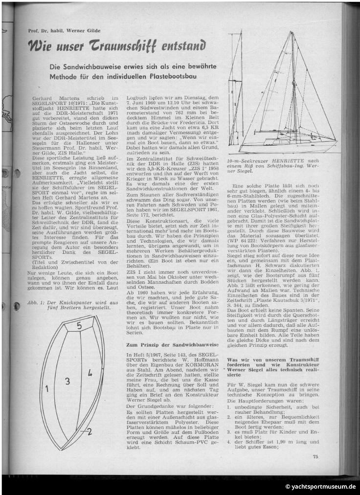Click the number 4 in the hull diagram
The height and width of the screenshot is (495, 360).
click(x=90, y=373)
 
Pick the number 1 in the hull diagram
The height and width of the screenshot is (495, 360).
click(x=47, y=389)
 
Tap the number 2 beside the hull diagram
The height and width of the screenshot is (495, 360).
click(x=89, y=431)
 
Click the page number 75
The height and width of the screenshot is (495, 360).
click(x=316, y=457)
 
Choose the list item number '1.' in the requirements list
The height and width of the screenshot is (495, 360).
click(x=230, y=407)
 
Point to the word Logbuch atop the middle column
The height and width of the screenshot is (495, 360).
click(x=137, y=98)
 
